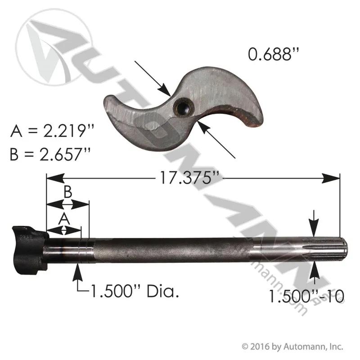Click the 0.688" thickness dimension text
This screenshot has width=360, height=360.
[x=274, y=54]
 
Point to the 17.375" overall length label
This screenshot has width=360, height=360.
[x=188, y=177]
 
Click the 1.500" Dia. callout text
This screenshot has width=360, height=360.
[x=135, y=291]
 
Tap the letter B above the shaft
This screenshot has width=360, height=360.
[x=68, y=192]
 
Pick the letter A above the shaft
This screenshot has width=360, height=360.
[x=64, y=219]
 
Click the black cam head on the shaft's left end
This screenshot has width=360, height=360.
[x=30, y=251]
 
